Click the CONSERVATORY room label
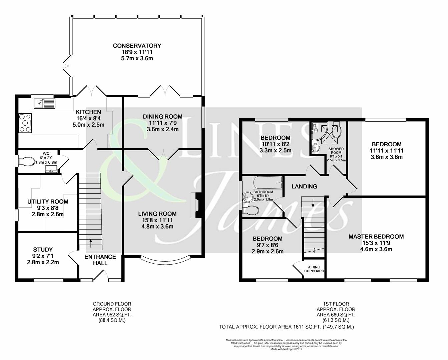[x=137, y=46]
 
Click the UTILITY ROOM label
[x=48, y=202]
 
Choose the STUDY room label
[x=43, y=249]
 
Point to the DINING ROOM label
[x=162, y=116]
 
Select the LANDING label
[x=304, y=187]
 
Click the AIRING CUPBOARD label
[x=314, y=269]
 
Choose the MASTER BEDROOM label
[x=376, y=237]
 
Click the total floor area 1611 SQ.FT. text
[x=286, y=327]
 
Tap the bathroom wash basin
[x=247, y=197]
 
